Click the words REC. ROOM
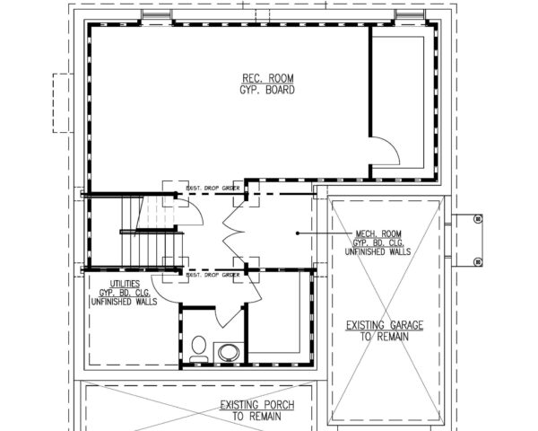tap(268, 78)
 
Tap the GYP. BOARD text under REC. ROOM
tap(268, 90)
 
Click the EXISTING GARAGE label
tap(386, 324)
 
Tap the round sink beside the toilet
tap(228, 351)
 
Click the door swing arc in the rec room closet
tap(383, 149)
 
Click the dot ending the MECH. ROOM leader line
tap(297, 233)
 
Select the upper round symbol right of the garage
tap(477, 218)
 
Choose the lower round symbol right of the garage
tap(477, 261)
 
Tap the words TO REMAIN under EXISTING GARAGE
tap(386, 337)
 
